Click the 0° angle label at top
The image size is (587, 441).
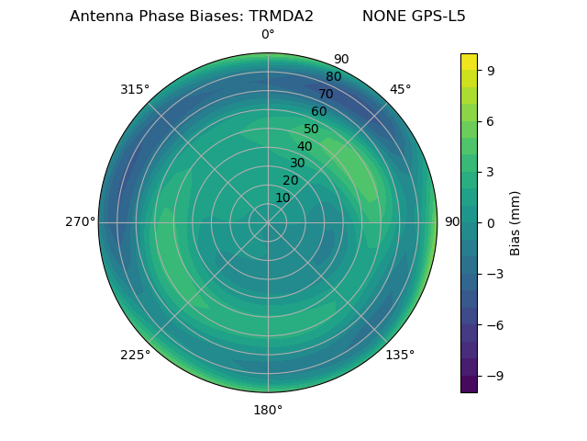tap(268, 35)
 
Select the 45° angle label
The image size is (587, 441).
tap(400, 89)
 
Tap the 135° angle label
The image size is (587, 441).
tap(400, 355)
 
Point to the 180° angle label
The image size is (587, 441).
tap(268, 410)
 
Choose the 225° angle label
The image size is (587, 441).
tap(135, 355)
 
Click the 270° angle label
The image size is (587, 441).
tap(80, 221)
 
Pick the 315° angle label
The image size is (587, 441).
tap(135, 89)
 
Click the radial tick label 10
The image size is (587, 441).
tap(282, 198)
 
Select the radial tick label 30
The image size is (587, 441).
tap(297, 163)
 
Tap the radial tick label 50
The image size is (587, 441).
tap(312, 129)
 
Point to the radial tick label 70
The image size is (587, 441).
tap(326, 94)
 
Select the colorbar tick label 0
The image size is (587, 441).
tap(491, 222)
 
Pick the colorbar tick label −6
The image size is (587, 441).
tap(495, 324)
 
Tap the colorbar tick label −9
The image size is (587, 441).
tap(495, 376)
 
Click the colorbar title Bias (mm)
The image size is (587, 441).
tap(515, 222)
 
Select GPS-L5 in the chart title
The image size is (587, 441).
tap(436, 17)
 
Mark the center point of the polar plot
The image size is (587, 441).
tap(268, 222)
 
